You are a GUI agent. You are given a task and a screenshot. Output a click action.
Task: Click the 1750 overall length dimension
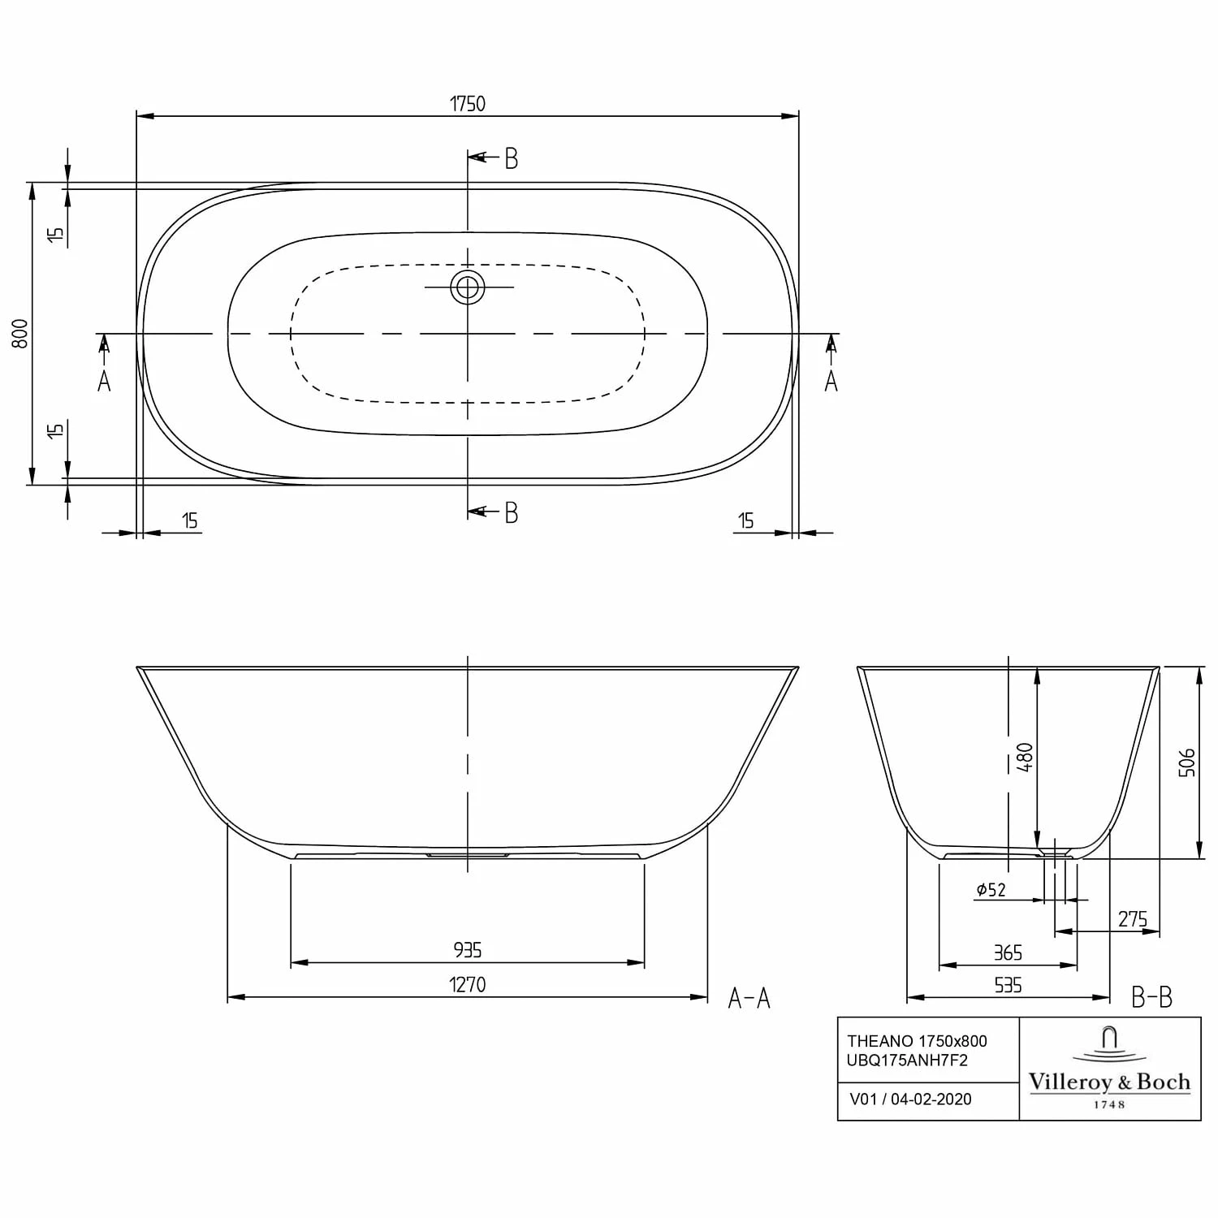[468, 104]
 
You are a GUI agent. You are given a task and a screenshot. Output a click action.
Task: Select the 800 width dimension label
[20, 334]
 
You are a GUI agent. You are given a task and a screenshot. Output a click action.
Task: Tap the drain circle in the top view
[468, 287]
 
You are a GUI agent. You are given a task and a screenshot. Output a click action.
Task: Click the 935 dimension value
[468, 949]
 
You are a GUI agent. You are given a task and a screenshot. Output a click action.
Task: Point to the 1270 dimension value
[468, 984]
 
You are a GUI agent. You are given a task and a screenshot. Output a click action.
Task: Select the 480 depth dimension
[1025, 757]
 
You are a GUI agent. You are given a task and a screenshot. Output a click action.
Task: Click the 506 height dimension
[1186, 762]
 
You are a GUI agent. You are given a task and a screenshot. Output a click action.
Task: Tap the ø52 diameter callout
[991, 890]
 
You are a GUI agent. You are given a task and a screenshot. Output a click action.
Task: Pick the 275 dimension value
[1132, 919]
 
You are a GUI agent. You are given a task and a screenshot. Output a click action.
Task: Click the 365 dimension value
[1008, 952]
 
